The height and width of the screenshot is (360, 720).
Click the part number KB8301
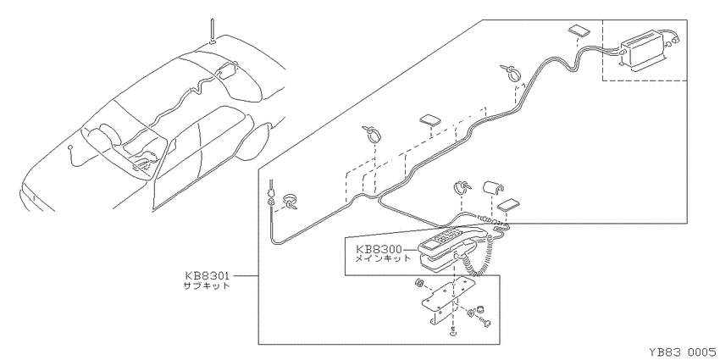point(207,276)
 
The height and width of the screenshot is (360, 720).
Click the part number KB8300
point(379,250)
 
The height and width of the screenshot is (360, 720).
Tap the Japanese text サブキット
point(206,285)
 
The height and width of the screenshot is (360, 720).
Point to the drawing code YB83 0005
point(684,352)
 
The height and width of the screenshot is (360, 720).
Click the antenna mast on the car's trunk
point(212,30)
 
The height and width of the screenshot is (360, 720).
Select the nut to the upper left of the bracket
point(418,282)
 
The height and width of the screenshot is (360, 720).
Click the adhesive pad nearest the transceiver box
point(580,30)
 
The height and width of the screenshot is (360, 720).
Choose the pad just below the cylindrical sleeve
point(509,205)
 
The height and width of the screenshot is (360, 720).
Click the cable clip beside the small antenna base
point(291,202)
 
